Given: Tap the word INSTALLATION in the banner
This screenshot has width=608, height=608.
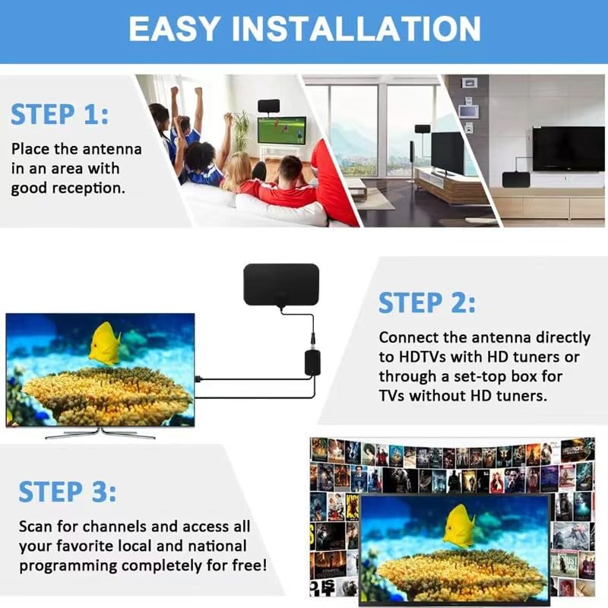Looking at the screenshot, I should (357, 28).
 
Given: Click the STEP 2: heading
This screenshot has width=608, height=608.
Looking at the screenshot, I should (427, 302).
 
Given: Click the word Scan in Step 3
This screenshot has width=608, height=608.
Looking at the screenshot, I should (36, 527).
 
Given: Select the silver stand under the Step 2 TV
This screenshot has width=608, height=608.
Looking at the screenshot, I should (100, 434).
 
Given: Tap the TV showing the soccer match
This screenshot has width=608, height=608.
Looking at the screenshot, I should (281, 131).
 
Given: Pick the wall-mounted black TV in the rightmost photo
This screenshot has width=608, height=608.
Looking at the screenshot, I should (568, 147).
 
